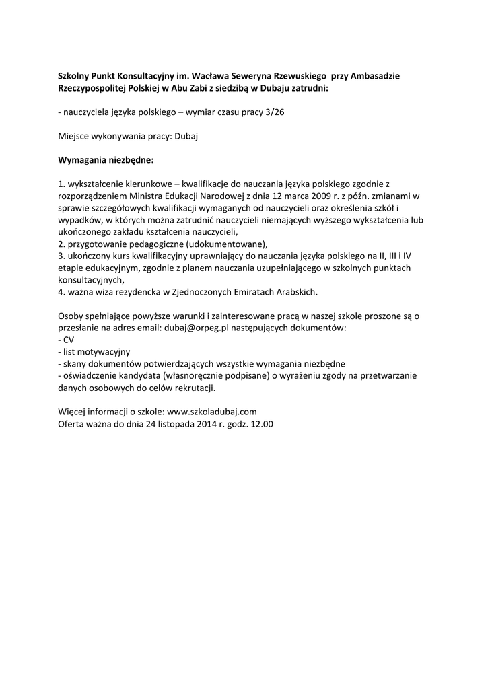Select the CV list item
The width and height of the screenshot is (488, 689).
click(68, 340)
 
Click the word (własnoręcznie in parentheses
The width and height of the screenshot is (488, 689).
click(184, 376)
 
